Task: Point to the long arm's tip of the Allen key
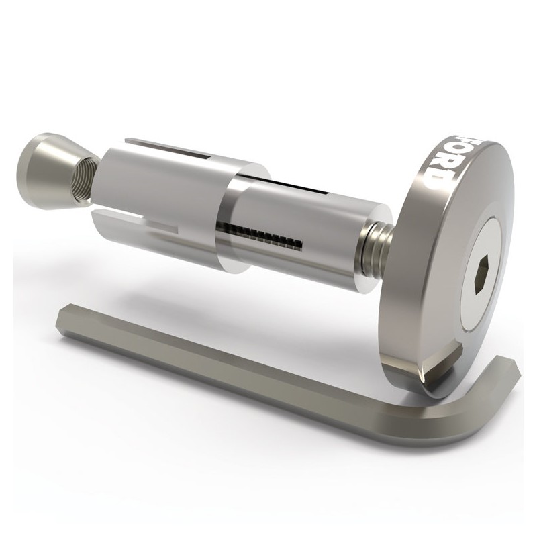65,316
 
